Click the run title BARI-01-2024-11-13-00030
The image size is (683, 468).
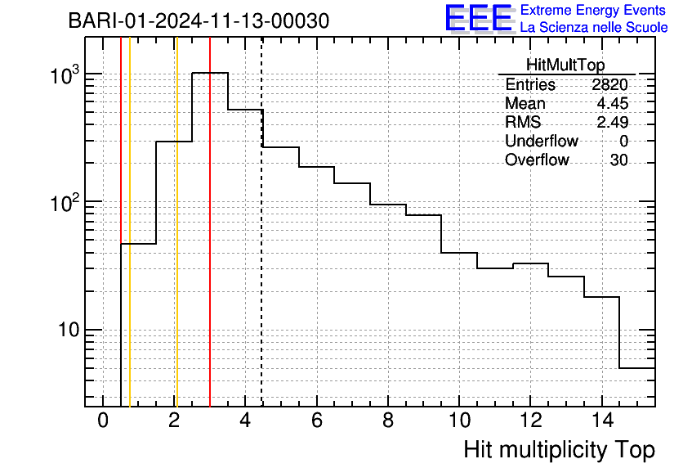pos(199,21)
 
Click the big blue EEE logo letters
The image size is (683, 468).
pos(479,18)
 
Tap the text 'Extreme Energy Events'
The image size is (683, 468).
pos(593,10)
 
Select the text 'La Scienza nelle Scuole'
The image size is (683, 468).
pos(594,28)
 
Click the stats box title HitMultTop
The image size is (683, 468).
pos(565,65)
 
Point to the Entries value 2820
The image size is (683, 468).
pos(609,84)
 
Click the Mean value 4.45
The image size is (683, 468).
pos(613,103)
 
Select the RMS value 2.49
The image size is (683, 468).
pos(613,122)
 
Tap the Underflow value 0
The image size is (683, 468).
pos(623,141)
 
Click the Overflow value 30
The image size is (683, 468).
pos(619,160)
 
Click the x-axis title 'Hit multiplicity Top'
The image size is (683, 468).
pos(560,449)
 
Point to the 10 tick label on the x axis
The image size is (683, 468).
pos(459,421)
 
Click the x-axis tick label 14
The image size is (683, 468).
pos(602,421)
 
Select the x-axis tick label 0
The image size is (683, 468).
pos(103,421)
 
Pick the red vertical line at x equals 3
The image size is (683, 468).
pos(210,222)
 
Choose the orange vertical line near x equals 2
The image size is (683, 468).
pos(176,222)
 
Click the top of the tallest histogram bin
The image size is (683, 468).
pos(210,73)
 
